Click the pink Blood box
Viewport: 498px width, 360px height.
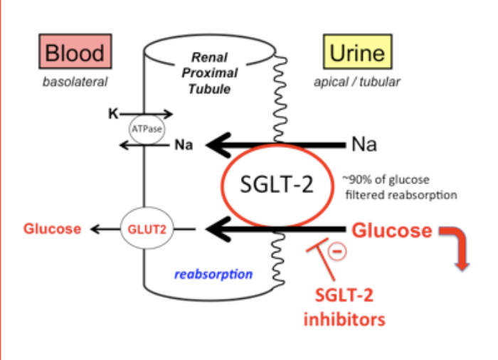pyautogui.click(x=75, y=51)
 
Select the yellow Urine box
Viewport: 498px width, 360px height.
pyautogui.click(x=358, y=51)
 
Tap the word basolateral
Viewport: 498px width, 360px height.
pyautogui.click(x=75, y=82)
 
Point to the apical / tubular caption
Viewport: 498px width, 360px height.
pyautogui.click(x=357, y=82)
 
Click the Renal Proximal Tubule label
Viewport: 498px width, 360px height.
pyautogui.click(x=210, y=73)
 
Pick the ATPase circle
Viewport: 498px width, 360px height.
pyautogui.click(x=147, y=129)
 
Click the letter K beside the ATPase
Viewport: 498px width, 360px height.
pyautogui.click(x=113, y=113)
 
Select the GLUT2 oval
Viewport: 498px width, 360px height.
pyautogui.click(x=147, y=228)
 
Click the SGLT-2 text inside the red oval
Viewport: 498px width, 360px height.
pyautogui.click(x=277, y=184)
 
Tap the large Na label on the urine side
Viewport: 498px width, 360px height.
pyautogui.click(x=364, y=144)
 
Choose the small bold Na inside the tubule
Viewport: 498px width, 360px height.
pyautogui.click(x=184, y=145)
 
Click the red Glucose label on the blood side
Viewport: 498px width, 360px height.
pyautogui.click(x=53, y=229)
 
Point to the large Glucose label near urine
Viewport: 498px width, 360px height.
pyautogui.click(x=392, y=230)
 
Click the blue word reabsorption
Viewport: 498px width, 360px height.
pyautogui.click(x=213, y=274)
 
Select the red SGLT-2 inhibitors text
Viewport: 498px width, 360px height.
pyautogui.click(x=344, y=307)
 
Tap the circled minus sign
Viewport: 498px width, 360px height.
pyautogui.click(x=337, y=251)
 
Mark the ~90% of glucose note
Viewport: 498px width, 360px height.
pyautogui.click(x=400, y=187)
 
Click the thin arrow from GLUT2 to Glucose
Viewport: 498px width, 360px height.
pyautogui.click(x=105, y=229)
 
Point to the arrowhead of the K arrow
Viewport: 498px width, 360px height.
pyautogui.click(x=169, y=113)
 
